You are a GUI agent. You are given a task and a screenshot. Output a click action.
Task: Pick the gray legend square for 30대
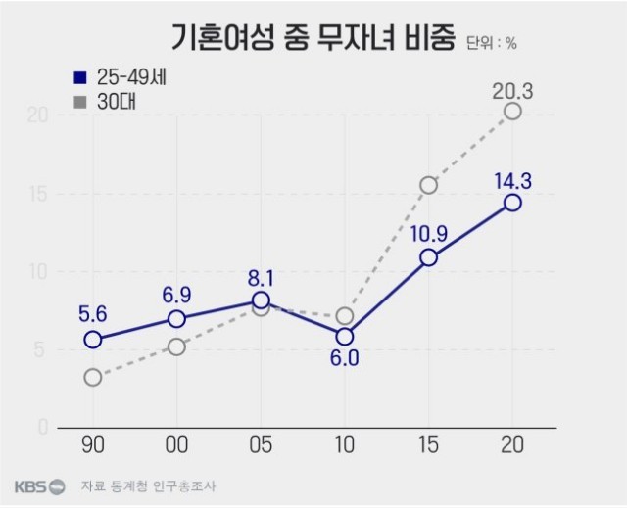pos(81,100)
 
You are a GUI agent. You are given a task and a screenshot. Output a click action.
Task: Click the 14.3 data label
pos(512,180)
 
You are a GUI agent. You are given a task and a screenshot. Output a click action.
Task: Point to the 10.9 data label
pos(428,234)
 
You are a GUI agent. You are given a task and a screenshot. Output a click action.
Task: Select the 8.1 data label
pos(261,278)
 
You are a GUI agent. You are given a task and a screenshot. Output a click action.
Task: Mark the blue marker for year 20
pos(512,203)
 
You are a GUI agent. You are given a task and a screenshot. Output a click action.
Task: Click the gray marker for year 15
pos(428,185)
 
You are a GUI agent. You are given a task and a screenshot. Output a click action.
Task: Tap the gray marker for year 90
pos(93,377)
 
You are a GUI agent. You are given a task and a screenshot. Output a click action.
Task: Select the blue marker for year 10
pos(344,336)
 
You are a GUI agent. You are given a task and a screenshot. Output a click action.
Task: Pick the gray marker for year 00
pos(176,346)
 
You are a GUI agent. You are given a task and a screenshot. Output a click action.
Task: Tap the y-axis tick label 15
pos(38,193)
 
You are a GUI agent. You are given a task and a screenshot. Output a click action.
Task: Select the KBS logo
pos(39,486)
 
